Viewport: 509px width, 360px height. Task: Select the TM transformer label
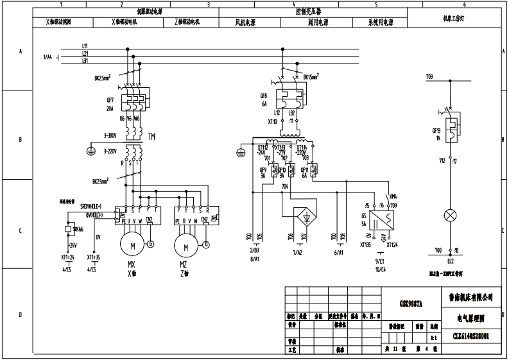point(151,136)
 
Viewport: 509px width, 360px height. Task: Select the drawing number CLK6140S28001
point(471,336)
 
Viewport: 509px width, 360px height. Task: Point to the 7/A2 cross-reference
point(297,253)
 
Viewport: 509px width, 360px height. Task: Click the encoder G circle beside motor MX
point(151,243)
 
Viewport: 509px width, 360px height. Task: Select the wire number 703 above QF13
point(430,76)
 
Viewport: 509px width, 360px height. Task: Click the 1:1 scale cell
point(435,336)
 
